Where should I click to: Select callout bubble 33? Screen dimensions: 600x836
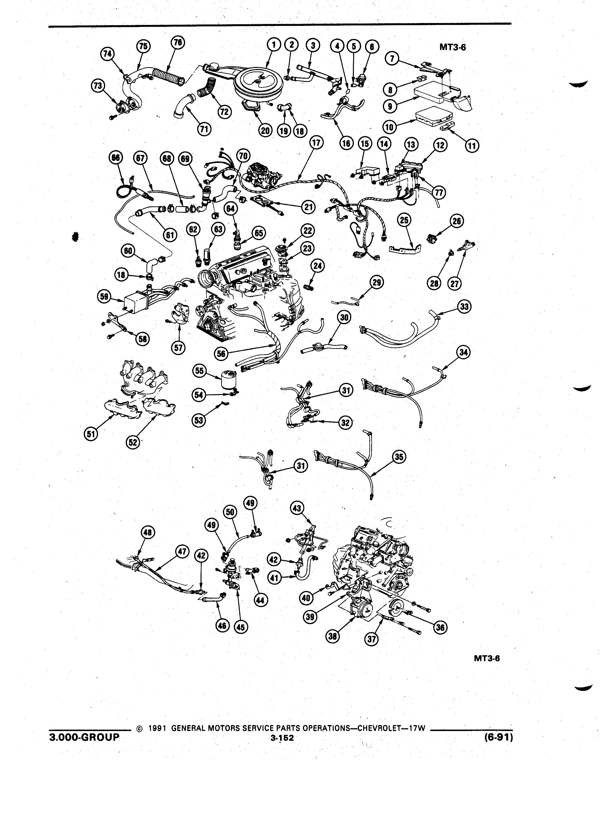tap(464, 306)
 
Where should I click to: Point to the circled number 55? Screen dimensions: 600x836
tap(199, 371)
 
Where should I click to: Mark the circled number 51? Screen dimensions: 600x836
tap(91, 434)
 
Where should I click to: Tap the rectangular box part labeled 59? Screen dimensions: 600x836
tap(135, 302)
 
